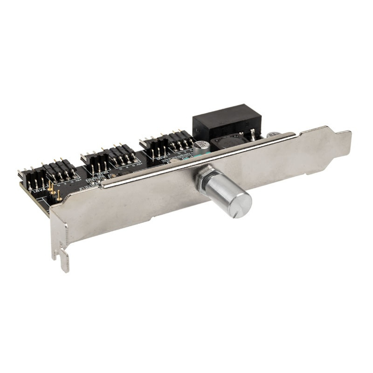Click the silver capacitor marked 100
201,147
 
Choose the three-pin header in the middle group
96,161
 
